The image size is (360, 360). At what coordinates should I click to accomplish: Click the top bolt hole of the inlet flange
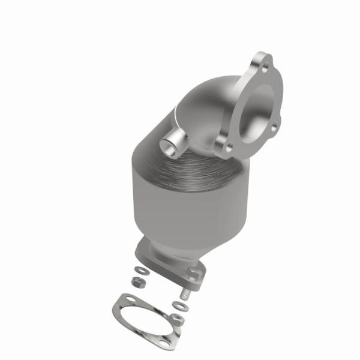(x=258, y=62)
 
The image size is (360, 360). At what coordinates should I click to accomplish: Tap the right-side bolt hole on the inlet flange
(x=274, y=126)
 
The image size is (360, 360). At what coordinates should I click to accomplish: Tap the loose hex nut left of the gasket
(x=136, y=281)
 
